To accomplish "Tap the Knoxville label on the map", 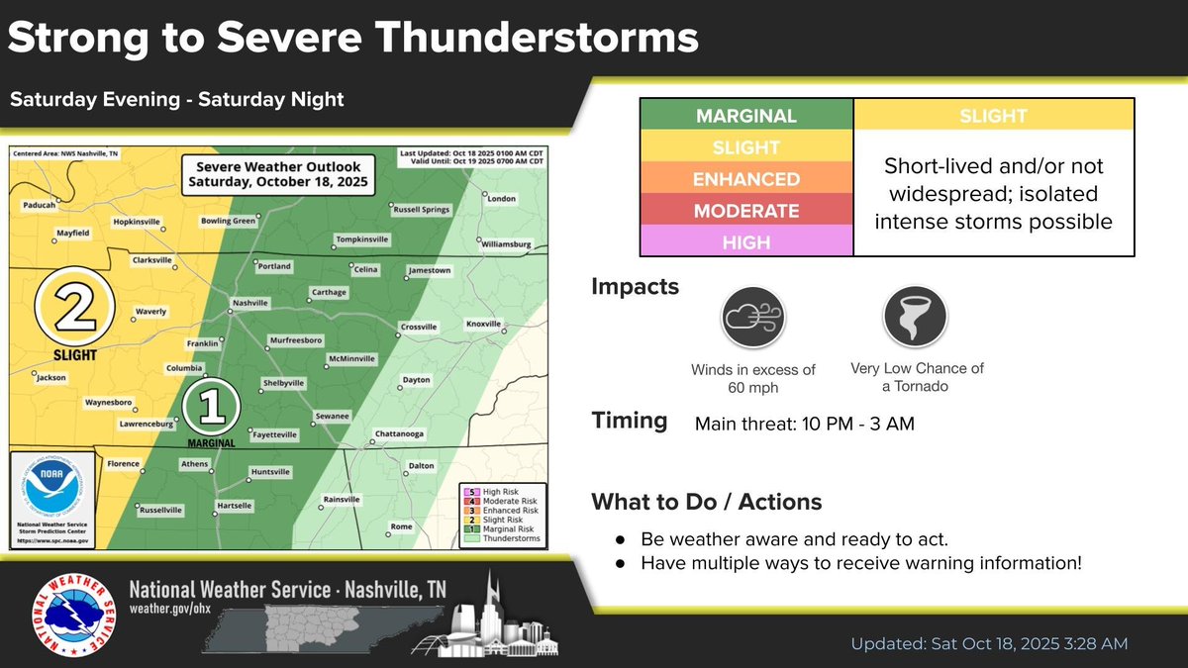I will coord(484,324).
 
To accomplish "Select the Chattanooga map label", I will coord(400,433).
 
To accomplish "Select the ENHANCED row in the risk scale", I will coord(747,179).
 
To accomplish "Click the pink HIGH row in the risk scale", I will coord(747,241).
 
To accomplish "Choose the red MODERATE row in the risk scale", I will coord(747,211).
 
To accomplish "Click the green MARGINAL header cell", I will coord(747,116).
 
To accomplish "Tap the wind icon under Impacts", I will coord(752,318).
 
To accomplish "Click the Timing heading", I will coord(630,421).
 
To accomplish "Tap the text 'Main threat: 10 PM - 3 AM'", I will coord(804,425).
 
